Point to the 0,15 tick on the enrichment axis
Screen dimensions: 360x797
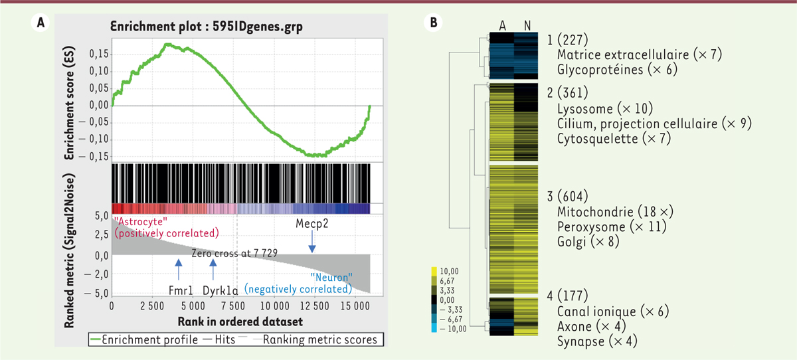tap(98, 53)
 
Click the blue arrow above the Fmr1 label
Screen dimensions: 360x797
tap(178, 270)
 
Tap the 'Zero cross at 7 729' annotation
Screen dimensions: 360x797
tap(234, 253)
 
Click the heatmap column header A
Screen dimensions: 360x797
tap(502, 25)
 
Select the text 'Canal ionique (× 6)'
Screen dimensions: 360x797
tap(612, 312)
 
